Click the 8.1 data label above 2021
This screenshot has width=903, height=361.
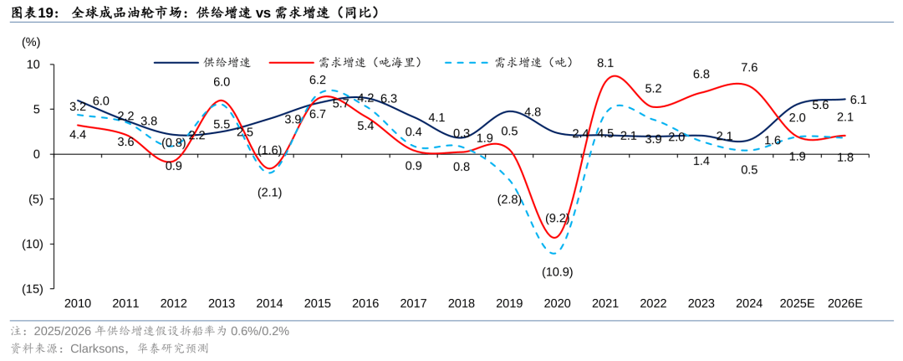coord(605,63)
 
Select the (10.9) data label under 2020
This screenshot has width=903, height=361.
coord(557,271)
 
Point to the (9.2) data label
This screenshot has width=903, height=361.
coord(558,219)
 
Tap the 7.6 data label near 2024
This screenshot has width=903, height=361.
coord(749,68)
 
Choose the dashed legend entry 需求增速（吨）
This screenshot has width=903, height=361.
coord(510,62)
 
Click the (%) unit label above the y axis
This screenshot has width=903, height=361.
coord(31,42)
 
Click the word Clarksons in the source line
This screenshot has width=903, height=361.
coord(95,348)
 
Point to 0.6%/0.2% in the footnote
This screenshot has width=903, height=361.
coord(260,331)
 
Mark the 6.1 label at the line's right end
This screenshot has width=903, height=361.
coord(858,100)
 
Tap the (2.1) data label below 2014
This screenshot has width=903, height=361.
coord(269,193)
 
